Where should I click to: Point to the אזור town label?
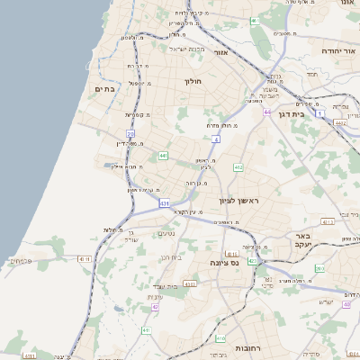pyautogui.click(x=220, y=53)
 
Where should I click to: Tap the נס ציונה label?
pyautogui.click(x=220, y=262)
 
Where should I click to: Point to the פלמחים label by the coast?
pyautogui.click(x=22, y=260)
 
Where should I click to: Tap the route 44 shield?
pyautogui.click(x=267, y=112)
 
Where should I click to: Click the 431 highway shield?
pyautogui.click(x=165, y=204)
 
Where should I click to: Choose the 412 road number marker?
pyautogui.click(x=238, y=167)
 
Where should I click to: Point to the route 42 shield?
pyautogui.click(x=155, y=306)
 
